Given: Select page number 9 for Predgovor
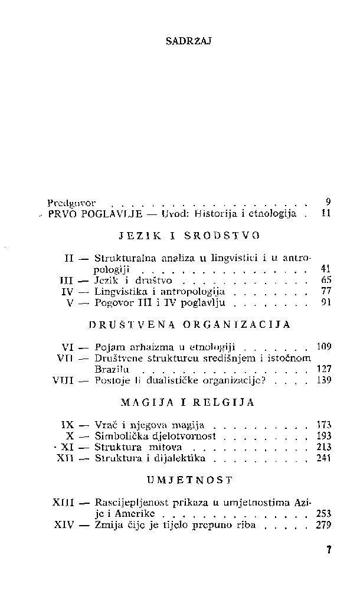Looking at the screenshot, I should pos(328,201).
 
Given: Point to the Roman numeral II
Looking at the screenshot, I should pos(70,258).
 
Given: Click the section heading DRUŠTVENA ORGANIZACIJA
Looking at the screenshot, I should pos(189,324).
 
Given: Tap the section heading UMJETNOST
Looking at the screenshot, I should pos(189,480).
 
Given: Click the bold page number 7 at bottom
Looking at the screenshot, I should pos(329,550).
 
